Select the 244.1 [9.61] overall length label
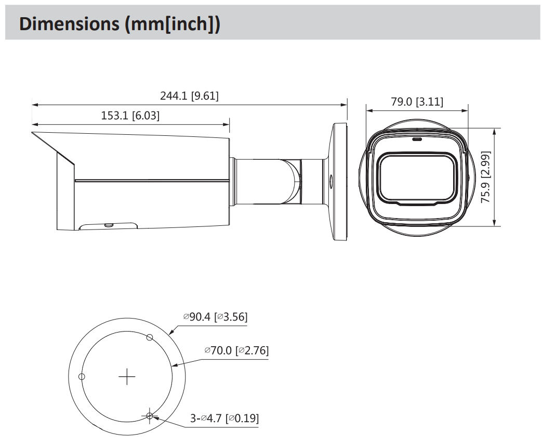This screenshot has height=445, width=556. click(x=189, y=96)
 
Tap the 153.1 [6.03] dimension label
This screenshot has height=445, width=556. click(x=130, y=116)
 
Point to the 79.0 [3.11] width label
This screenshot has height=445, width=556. click(x=417, y=101)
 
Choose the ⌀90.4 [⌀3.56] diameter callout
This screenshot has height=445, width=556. click(x=215, y=316)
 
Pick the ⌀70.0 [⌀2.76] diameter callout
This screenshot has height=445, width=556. click(x=236, y=350)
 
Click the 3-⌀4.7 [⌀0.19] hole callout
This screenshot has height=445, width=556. click(x=224, y=418)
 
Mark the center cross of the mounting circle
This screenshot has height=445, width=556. click(x=127, y=376)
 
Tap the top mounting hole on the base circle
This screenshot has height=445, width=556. click(x=150, y=337)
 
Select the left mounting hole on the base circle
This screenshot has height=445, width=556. click(x=82, y=376)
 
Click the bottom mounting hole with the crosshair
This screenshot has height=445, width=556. click(x=150, y=415)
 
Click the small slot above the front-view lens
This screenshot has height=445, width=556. click(x=417, y=139)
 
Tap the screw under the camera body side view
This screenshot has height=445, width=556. click(x=109, y=225)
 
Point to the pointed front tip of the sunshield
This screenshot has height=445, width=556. click(x=32, y=133)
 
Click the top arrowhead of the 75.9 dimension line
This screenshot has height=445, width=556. click(x=494, y=131)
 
